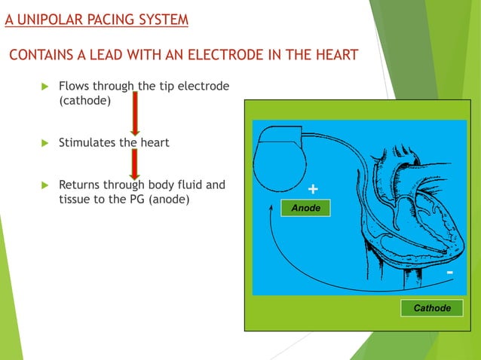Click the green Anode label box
click(x=305, y=208)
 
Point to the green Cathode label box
click(x=432, y=308)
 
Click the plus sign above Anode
click(x=313, y=188)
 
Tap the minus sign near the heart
click(x=450, y=271)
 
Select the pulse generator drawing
click(x=283, y=165)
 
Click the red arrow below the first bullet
click(x=134, y=112)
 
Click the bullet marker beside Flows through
click(x=43, y=87)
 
